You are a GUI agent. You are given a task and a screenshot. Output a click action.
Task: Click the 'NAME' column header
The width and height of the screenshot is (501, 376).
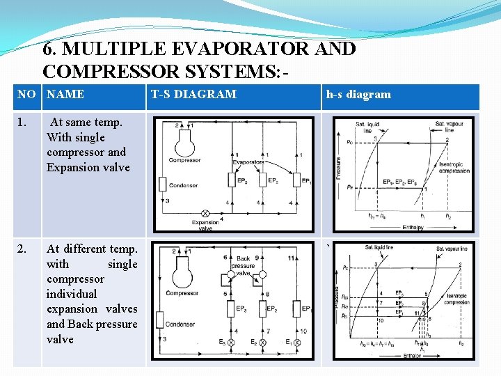click(x=65, y=95)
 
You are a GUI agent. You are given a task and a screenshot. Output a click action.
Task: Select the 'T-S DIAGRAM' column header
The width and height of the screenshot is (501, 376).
click(x=193, y=95)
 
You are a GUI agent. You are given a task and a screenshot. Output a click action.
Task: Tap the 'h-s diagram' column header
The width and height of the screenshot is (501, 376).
click(x=358, y=95)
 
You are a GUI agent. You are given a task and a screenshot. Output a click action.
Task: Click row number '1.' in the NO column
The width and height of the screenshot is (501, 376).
click(x=24, y=123)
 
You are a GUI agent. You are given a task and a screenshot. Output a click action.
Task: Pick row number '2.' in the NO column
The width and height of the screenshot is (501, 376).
click(x=24, y=249)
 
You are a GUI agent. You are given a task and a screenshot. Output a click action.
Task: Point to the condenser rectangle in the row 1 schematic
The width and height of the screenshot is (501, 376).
click(x=162, y=184)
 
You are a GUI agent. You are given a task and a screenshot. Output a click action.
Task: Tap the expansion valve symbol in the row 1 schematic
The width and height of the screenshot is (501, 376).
click(x=205, y=214)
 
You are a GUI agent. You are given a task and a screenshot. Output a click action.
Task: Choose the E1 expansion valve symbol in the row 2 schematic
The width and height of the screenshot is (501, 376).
click(x=297, y=343)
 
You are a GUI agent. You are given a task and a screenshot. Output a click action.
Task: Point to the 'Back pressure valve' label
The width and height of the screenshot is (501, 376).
click(x=243, y=266)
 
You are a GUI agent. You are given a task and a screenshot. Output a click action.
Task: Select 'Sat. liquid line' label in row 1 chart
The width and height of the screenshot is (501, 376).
click(x=368, y=125)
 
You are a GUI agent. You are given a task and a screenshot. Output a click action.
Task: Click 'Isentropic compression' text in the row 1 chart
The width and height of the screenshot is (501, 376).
click(x=453, y=166)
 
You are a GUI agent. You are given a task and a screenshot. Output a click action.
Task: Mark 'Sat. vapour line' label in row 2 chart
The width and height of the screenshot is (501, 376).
click(x=452, y=249)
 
